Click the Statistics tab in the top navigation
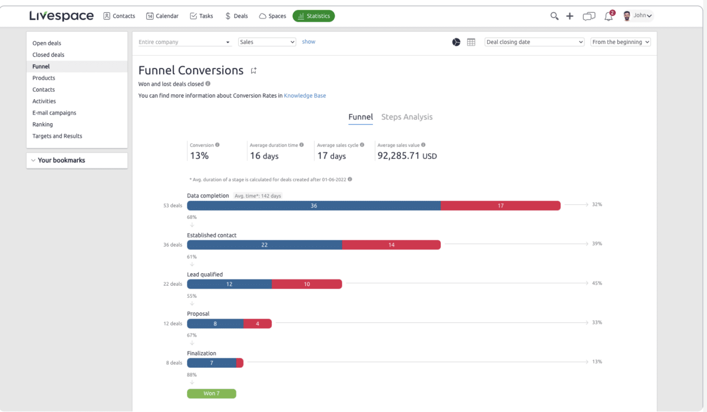(313, 16)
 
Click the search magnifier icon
(554, 16)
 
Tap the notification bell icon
(608, 16)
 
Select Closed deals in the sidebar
(48, 55)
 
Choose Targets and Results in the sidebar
(57, 136)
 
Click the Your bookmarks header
(61, 160)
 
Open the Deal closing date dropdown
(534, 42)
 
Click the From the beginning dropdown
(620, 42)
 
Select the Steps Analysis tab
(406, 117)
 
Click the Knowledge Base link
(305, 96)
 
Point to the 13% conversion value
(199, 156)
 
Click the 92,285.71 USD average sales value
(407, 156)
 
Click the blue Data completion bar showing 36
(313, 206)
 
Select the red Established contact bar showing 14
(391, 245)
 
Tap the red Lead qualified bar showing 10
(307, 284)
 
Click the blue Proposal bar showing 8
(215, 324)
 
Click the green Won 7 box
(211, 394)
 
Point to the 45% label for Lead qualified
(597, 283)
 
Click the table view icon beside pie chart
(471, 42)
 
